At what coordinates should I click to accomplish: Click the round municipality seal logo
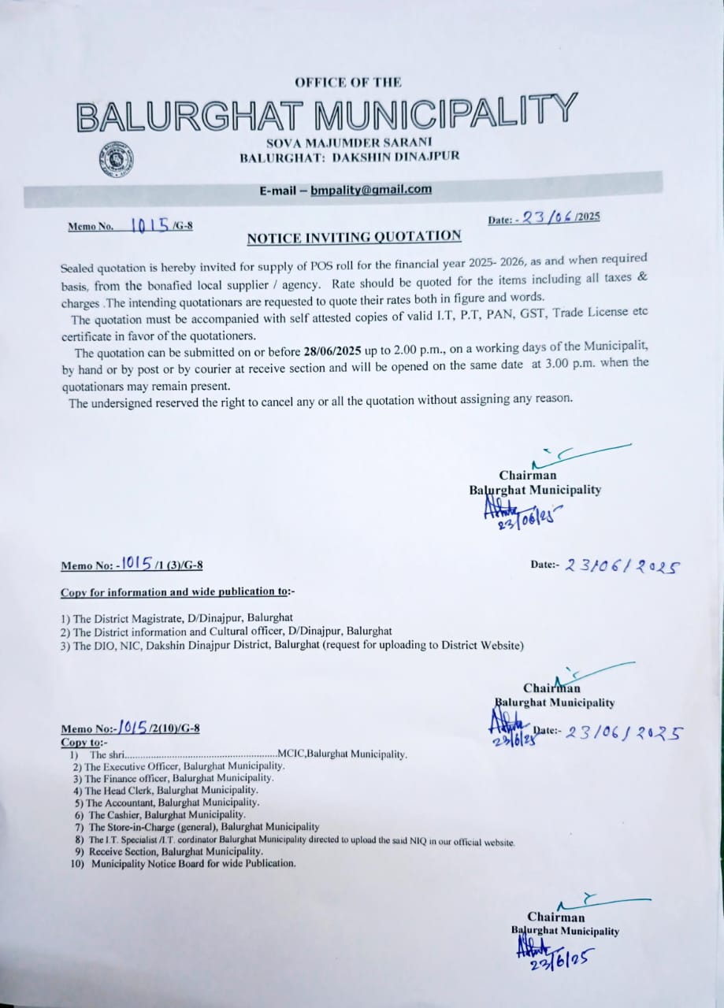[x=117, y=159]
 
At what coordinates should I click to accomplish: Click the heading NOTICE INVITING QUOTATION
[x=354, y=236]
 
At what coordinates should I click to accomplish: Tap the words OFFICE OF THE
[x=348, y=82]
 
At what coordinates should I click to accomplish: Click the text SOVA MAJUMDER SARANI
[x=349, y=142]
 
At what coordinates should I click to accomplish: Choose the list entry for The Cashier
[x=167, y=814]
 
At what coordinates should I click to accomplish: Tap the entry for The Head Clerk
[x=171, y=790]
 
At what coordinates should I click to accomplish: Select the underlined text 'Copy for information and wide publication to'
[x=178, y=592]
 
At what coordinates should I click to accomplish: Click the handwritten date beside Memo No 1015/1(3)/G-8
[x=622, y=565]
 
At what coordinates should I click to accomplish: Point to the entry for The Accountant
[x=173, y=802]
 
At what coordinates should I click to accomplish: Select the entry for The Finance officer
[x=179, y=777]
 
